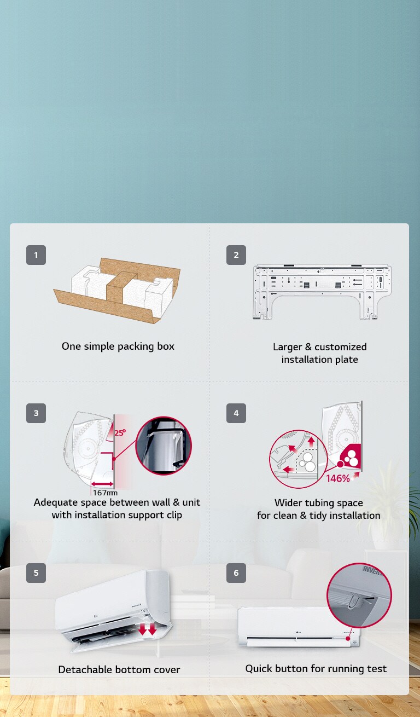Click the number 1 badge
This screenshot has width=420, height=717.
click(36, 255)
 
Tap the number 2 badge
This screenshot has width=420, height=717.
click(236, 255)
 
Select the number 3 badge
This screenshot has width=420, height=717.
click(36, 413)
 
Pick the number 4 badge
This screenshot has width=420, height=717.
click(236, 413)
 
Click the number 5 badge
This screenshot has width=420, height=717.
click(36, 573)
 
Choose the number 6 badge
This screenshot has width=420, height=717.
click(236, 573)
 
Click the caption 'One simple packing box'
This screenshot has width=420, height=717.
click(118, 346)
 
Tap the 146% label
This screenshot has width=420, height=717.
click(338, 478)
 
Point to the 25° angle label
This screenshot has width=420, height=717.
click(120, 432)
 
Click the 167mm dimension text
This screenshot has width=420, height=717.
click(105, 493)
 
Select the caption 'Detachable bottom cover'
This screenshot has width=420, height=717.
click(119, 669)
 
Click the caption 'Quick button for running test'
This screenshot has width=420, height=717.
click(316, 668)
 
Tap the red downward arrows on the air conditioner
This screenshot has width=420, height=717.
click(147, 629)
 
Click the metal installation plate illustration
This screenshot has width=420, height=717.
click(322, 290)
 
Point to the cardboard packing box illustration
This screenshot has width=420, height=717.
click(117, 290)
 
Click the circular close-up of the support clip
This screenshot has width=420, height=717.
click(164, 446)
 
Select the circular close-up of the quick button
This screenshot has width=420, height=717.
click(359, 595)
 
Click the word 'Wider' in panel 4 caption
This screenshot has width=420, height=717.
click(288, 503)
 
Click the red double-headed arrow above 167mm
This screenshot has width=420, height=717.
click(103, 484)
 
